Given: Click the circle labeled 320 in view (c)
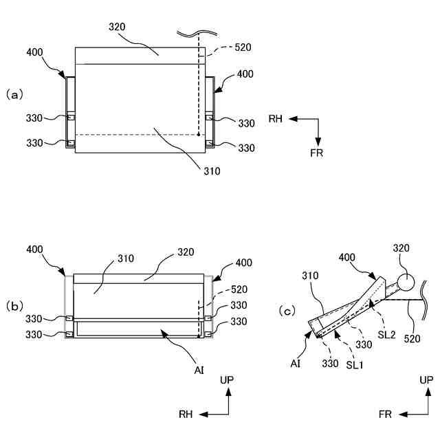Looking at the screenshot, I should coord(406,280).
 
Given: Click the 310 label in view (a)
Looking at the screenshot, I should coord(212,171).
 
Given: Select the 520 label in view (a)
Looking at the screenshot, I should coord(243,48).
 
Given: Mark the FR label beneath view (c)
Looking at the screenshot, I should coord(385,415).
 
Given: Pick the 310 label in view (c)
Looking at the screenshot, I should coord(312,275).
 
